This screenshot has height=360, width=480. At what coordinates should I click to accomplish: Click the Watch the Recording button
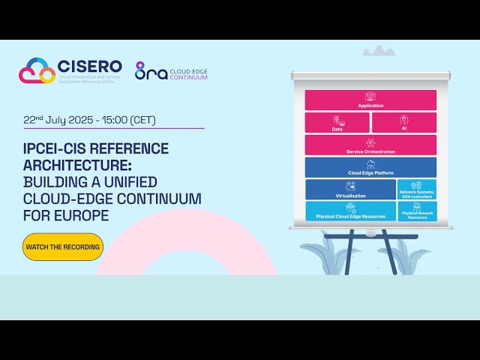[62, 247]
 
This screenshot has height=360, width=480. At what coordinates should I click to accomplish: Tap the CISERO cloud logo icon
[37, 71]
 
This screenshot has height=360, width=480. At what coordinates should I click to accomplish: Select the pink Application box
[370, 100]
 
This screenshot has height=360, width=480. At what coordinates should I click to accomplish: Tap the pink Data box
[337, 123]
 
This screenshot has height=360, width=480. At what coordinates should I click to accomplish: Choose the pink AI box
[403, 123]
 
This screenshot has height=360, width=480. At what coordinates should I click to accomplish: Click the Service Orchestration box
[370, 145]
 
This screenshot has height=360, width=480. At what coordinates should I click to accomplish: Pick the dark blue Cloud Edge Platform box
[370, 167]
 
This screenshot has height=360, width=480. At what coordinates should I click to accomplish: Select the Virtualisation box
[350, 190]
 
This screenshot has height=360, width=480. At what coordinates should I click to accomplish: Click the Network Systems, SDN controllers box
[417, 190]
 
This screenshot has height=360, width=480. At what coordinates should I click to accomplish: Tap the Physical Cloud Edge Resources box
[350, 211]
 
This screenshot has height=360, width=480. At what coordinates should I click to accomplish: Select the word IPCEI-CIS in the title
[55, 148]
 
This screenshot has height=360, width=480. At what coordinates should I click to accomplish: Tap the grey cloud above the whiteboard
[378, 51]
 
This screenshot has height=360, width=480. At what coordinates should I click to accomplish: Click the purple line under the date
[112, 129]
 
